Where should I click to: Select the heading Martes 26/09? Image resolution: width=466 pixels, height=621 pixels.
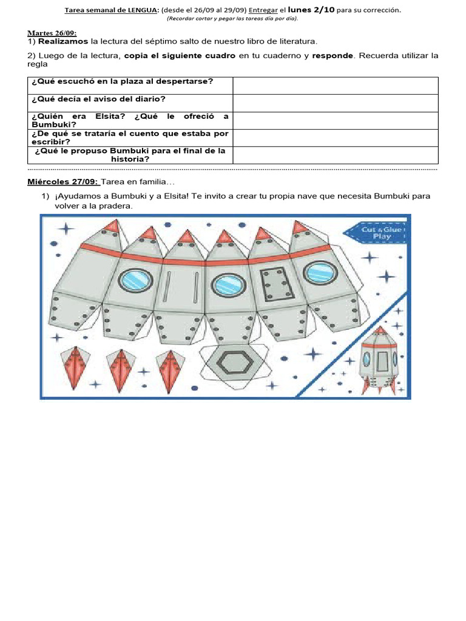click(52, 33)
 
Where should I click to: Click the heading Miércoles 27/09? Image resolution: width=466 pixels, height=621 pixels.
click(63, 182)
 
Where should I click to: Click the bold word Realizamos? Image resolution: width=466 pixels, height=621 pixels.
click(63, 41)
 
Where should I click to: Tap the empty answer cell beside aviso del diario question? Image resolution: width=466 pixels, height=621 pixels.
click(335, 103)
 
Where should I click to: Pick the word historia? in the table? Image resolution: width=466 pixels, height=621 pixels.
click(130, 159)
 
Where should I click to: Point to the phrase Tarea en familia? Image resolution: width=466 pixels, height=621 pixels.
click(138, 182)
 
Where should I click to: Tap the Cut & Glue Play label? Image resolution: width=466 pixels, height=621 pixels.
click(376, 233)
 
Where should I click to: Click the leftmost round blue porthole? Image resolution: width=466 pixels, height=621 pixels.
click(132, 280)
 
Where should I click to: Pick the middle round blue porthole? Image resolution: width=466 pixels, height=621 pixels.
click(229, 283)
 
